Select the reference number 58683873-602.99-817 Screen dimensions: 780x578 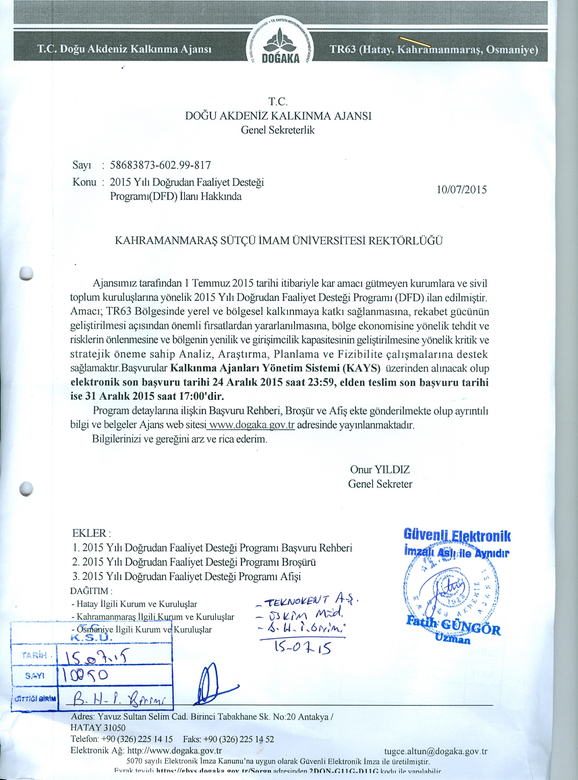point(161,165)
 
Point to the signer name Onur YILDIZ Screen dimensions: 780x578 point(380,469)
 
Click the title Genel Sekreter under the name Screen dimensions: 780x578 point(380,484)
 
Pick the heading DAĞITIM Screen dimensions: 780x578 point(91,591)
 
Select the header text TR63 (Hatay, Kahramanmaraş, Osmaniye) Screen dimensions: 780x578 point(434,50)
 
